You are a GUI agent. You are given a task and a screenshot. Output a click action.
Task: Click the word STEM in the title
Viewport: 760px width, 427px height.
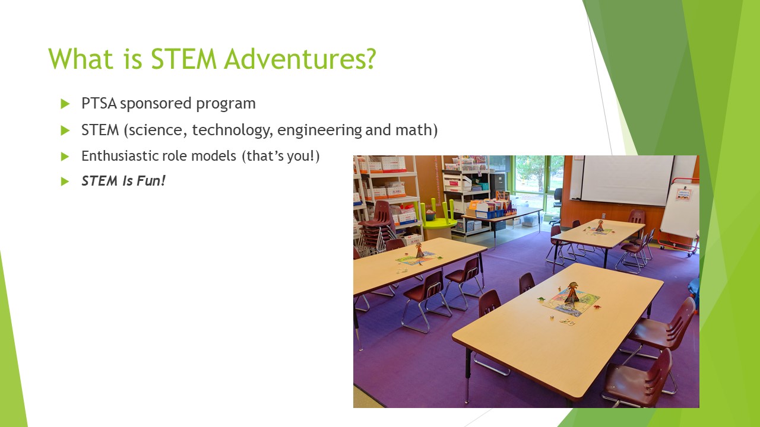coord(183,59)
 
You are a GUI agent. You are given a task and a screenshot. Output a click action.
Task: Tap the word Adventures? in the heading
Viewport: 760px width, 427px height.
coord(300,59)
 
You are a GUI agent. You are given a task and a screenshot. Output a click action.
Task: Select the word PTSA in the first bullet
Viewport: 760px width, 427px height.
coord(99,103)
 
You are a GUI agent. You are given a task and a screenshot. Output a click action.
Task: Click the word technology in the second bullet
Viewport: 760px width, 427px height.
coord(232,130)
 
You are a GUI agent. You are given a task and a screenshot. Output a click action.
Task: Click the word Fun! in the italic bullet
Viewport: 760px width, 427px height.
coord(151,181)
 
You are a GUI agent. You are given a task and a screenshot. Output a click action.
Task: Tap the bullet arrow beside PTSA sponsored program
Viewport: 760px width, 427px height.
coord(65,104)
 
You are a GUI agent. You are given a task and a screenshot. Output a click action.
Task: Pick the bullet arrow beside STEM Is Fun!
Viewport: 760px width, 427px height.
coord(65,181)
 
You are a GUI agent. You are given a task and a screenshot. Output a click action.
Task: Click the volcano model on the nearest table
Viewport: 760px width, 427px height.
coord(572,293)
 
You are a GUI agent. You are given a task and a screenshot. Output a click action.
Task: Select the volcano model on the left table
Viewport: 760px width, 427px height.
coord(420,250)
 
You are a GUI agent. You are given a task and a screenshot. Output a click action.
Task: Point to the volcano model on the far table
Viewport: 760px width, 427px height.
coord(600,226)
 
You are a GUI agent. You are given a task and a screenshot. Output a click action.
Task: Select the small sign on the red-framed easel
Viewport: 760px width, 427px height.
coord(683,194)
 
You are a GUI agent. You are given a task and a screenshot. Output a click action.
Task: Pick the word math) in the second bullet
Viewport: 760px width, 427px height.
coord(417,130)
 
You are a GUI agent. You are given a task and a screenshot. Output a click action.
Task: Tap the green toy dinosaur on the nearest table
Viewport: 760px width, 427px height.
coord(541,299)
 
